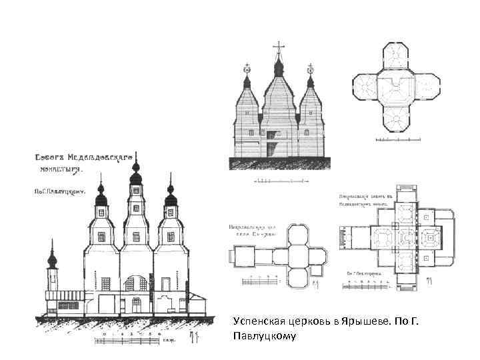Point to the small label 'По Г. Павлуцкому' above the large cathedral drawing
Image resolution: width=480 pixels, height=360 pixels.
59,190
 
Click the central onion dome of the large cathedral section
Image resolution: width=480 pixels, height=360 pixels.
136,178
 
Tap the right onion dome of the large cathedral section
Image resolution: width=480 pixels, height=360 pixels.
171,197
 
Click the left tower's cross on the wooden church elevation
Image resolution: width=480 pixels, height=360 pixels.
247,67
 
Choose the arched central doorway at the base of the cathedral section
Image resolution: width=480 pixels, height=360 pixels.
137,305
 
